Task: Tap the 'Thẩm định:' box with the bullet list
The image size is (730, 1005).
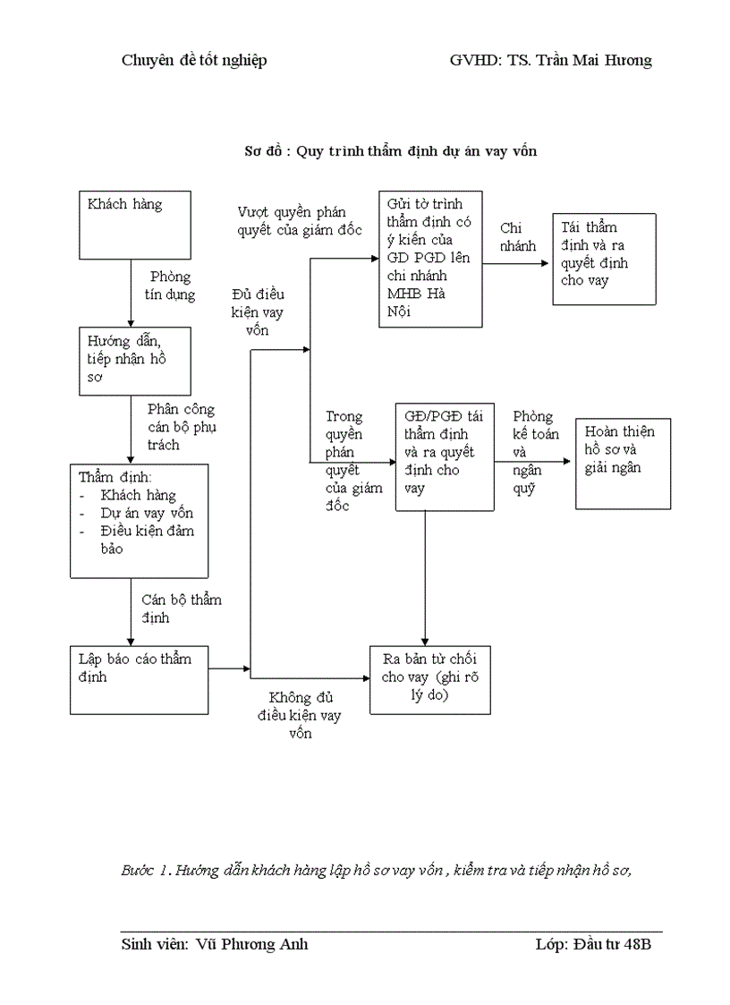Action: (140, 521)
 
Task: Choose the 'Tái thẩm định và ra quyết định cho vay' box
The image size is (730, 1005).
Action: (604, 260)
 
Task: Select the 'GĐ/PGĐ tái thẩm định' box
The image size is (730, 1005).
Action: (445, 457)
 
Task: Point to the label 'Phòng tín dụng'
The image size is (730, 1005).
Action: (170, 285)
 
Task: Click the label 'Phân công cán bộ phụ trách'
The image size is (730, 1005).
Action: (181, 427)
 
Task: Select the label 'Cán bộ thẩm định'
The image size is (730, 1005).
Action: (181, 609)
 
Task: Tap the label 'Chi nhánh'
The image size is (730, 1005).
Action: (518, 237)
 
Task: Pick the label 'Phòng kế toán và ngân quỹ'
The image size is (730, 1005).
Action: (536, 452)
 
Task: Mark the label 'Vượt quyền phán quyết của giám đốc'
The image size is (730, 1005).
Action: (299, 221)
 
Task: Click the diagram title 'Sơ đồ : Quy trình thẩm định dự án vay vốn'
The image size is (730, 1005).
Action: (391, 151)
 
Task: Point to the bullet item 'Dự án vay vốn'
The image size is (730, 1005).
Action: (147, 514)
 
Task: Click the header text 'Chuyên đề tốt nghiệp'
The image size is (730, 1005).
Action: (194, 60)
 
